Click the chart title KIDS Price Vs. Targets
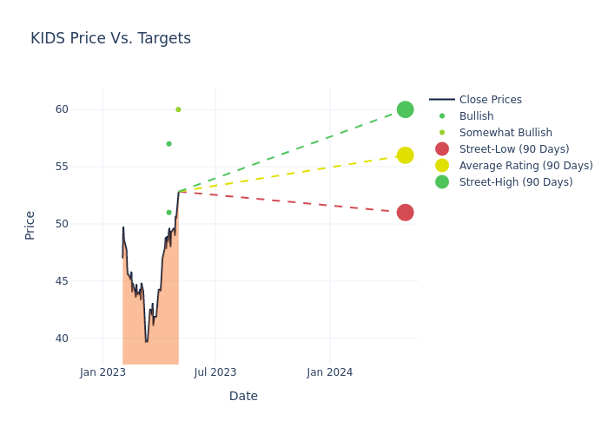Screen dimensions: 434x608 point(110,38)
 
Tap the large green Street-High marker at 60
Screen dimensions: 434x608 point(405,109)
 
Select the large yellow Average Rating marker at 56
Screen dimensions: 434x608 point(405,155)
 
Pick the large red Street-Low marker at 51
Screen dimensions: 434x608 point(405,213)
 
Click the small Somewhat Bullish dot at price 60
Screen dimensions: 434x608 point(178,109)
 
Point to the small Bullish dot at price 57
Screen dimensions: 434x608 point(169,144)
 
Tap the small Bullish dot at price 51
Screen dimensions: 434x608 point(169,213)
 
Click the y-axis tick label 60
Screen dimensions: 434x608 point(62,109)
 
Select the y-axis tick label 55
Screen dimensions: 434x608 point(62,167)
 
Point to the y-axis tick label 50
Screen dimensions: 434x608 point(62,224)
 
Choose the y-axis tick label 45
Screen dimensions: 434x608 point(62,281)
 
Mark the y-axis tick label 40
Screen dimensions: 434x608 point(62,339)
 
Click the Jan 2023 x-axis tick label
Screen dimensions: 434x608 point(102,372)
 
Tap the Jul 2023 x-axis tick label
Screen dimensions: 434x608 point(215,372)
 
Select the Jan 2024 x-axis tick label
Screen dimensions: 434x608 point(330,372)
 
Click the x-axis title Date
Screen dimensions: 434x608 point(243,396)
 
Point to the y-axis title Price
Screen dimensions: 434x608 point(30,225)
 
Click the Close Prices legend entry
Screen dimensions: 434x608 point(490,100)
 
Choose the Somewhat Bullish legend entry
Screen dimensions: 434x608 point(506,133)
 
